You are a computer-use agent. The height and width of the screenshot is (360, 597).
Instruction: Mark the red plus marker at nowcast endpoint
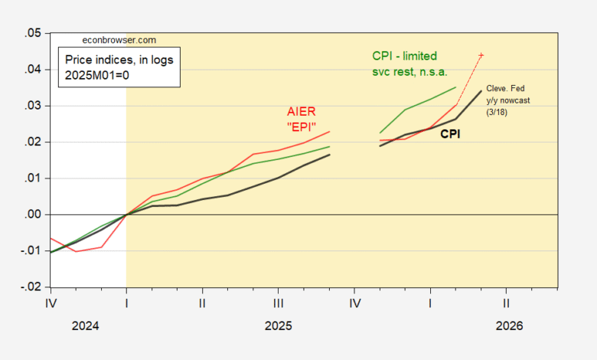coord(481,55)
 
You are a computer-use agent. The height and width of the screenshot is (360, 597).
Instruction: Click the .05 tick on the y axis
coord(33,33)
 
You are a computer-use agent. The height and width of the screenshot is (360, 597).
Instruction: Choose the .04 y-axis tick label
coord(33,70)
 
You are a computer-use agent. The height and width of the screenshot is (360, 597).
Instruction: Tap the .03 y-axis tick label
coord(33,106)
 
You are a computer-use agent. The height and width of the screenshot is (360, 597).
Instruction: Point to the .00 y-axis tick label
coord(33,214)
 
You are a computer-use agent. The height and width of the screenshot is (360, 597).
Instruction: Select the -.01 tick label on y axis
coord(31,251)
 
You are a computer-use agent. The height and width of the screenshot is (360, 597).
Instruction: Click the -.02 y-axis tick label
coord(31,287)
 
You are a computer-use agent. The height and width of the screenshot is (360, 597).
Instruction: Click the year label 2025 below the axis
coord(278,326)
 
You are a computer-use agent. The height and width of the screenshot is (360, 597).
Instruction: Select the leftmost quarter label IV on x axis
coord(51,303)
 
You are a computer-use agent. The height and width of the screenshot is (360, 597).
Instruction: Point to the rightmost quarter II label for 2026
coord(506,303)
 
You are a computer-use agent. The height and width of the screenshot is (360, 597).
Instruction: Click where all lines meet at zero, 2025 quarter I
coord(126,214)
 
